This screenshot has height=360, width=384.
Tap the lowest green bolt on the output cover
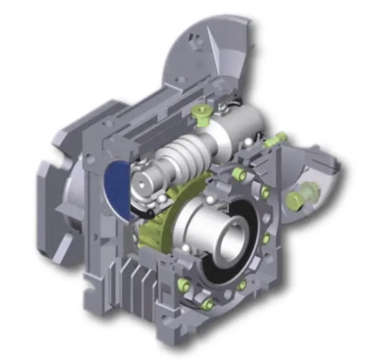209,304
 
